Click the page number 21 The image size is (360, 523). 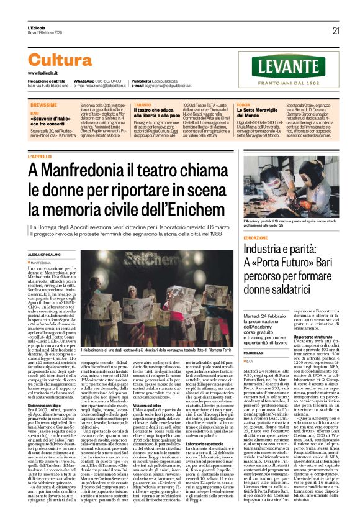pos(336,30)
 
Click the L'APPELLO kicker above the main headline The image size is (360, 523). pos(57,157)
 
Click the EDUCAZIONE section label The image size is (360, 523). pos(255,238)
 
